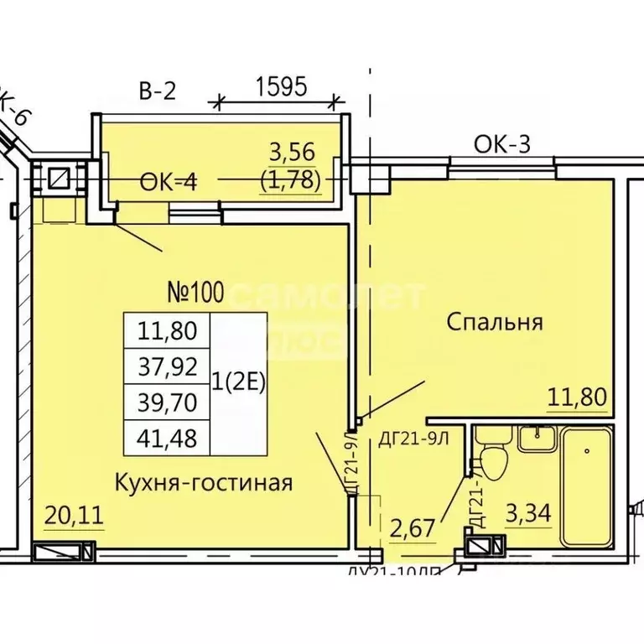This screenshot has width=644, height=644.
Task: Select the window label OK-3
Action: pos(502,144)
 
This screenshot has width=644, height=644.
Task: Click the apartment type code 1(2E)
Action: pos(238,384)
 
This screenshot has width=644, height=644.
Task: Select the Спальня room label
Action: pos(495,322)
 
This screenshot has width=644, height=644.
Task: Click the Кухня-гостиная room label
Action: pos(204,482)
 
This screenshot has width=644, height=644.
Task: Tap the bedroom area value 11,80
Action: pos(576,396)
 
